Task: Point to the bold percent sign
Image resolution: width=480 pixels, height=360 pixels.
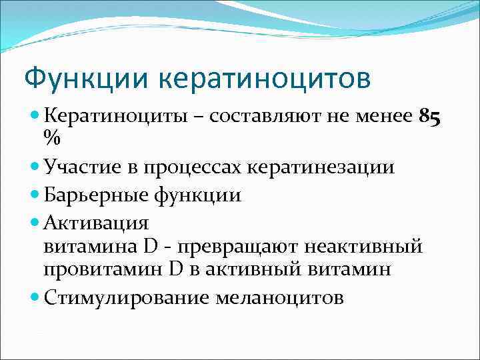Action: (x=51, y=138)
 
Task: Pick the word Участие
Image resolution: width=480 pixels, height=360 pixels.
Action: (x=79, y=167)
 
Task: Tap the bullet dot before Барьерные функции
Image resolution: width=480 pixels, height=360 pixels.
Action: (x=35, y=195)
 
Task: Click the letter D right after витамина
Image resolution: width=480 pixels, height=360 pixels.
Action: (x=149, y=246)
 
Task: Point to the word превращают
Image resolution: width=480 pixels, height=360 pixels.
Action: (x=233, y=246)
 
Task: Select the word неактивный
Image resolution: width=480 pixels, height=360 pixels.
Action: (x=363, y=246)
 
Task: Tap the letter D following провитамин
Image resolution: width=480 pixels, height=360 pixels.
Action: (x=175, y=270)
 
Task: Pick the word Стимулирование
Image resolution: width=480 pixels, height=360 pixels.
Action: (x=126, y=297)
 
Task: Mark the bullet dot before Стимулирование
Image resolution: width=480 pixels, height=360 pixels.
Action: (x=35, y=297)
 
